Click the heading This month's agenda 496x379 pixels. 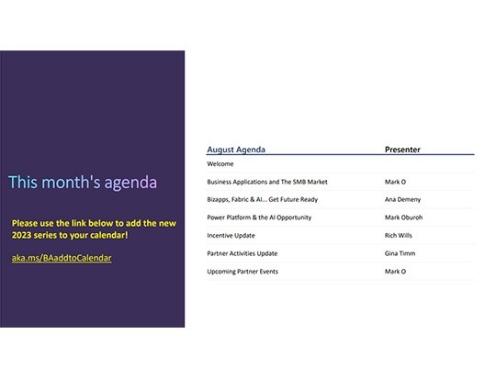(83, 182)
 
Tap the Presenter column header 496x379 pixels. (402, 149)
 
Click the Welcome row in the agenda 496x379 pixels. (220, 164)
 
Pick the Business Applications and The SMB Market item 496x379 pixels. (266, 182)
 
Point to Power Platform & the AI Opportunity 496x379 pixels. (259, 217)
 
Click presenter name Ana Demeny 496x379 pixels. (403, 200)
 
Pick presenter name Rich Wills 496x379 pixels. (400, 236)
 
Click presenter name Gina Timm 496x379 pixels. (400, 253)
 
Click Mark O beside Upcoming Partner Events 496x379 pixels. (395, 272)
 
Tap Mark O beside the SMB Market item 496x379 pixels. (395, 182)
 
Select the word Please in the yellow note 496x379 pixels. (25, 223)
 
